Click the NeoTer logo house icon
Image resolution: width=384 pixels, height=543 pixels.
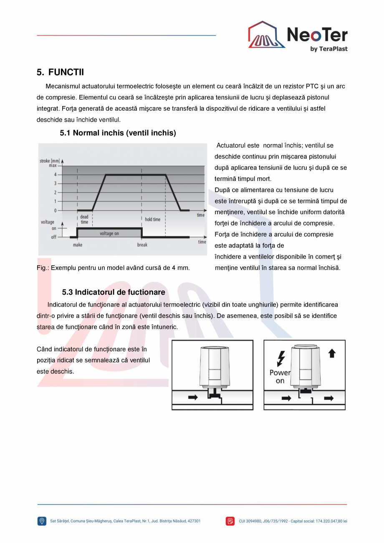pos(266,36)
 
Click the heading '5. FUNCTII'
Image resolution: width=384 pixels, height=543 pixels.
pos(60,72)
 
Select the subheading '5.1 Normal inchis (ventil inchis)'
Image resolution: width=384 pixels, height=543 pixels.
pos(118,133)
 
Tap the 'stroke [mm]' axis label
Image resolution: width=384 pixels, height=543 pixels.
pos(50,161)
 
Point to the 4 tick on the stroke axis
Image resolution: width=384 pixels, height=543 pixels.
pos(55,175)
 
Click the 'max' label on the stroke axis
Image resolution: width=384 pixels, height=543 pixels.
pos(53,166)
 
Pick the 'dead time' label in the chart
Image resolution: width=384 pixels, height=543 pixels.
pos(84,220)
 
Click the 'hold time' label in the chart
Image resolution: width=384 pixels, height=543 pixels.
pos(153,219)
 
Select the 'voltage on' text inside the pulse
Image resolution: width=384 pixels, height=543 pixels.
pos(109,233)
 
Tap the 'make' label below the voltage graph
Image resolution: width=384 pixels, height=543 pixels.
pos(78,245)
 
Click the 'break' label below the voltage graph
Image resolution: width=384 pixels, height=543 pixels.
pos(142,245)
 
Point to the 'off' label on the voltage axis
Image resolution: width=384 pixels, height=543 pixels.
pos(53,237)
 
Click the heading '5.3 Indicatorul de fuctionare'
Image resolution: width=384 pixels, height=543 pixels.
pos(114,292)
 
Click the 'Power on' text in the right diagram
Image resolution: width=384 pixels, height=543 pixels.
pos(280,376)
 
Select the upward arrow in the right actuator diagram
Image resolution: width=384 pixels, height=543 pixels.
pos(332,353)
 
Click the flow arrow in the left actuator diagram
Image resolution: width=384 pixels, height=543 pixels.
pos(193,397)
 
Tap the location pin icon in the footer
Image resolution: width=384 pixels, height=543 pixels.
pos(42,521)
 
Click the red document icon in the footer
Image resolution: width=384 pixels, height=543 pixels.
pos(230,521)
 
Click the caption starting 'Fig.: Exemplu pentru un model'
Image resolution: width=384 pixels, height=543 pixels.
pos(113,268)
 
